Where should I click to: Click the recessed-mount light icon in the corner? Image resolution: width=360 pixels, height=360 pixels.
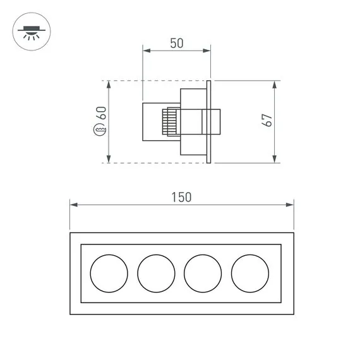[x=30, y=31]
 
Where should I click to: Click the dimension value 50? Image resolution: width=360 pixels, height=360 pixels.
[x=176, y=43]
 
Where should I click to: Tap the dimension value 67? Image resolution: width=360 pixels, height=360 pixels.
[x=267, y=121]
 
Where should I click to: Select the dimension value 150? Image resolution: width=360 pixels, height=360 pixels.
[x=181, y=197]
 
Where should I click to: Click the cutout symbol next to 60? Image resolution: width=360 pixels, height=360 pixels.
[x=100, y=131]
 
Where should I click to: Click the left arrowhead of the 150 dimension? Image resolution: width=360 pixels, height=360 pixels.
[x=72, y=205]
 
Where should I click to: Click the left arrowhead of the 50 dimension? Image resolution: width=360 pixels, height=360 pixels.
[x=145, y=50]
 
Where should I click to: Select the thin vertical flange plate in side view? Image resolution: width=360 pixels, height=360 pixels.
[x=208, y=121]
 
